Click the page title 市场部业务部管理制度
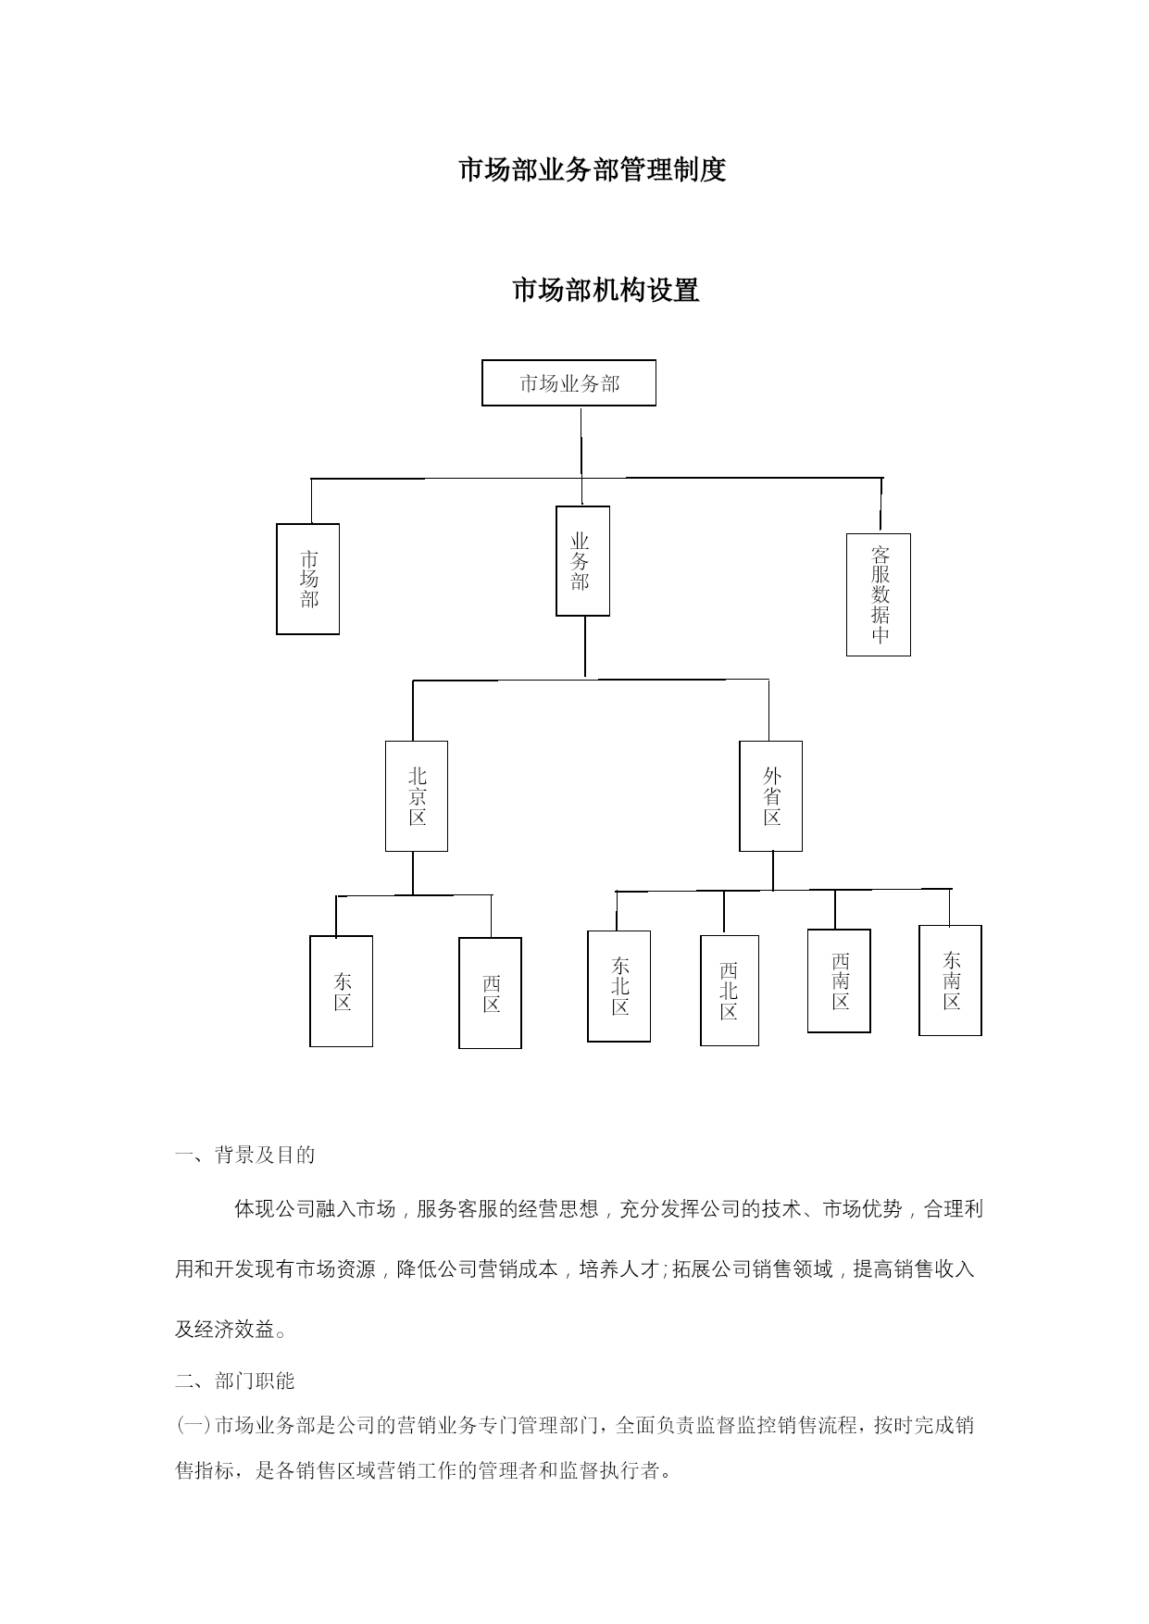(593, 170)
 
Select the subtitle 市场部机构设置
(606, 291)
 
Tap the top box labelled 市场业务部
(568, 383)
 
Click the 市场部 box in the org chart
(308, 579)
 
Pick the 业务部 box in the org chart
(582, 561)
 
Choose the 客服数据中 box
(879, 594)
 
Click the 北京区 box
(417, 796)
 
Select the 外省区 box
(770, 796)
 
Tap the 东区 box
(342, 992)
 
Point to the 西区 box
(491, 993)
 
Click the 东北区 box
(619, 986)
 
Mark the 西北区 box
(730, 991)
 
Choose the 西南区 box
(839, 981)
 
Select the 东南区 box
(950, 981)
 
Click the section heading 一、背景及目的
(245, 1155)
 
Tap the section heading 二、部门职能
(235, 1381)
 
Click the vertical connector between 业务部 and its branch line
(585, 647)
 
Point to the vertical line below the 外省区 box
(773, 870)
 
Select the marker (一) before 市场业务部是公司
(194, 1425)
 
